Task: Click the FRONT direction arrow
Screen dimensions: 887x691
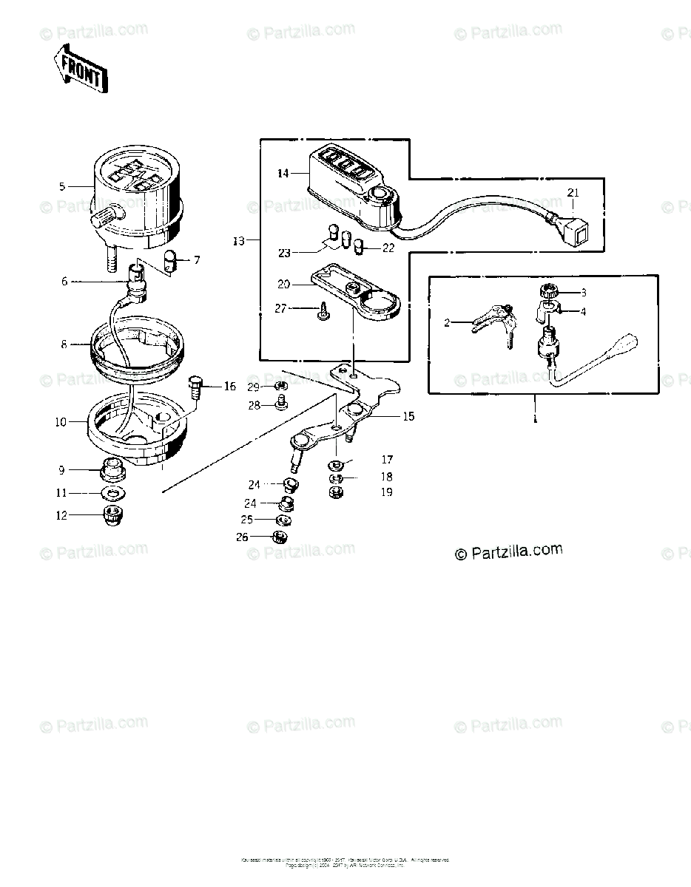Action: coord(81,69)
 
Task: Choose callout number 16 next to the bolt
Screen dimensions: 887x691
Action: coord(229,387)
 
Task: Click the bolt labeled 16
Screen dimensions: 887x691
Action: coord(195,387)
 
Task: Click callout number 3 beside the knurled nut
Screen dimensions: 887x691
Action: coord(583,293)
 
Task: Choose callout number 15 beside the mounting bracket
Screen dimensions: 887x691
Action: coord(408,416)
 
